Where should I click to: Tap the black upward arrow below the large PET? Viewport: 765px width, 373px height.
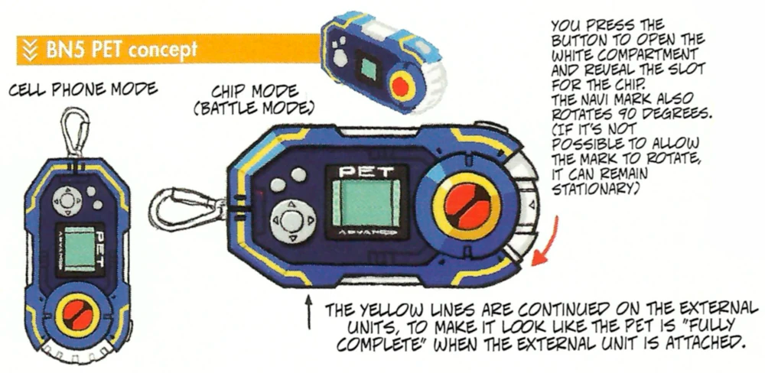click(x=308, y=311)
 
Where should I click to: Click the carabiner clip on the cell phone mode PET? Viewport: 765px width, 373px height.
click(x=76, y=131)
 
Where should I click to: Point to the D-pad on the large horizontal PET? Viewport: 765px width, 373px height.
click(x=291, y=221)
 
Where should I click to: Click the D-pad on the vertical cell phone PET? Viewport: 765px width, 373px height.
click(x=67, y=199)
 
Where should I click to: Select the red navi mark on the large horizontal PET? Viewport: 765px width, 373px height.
click(x=466, y=205)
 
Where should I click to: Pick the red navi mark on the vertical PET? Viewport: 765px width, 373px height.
click(x=78, y=316)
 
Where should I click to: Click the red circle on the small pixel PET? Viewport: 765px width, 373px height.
click(x=401, y=86)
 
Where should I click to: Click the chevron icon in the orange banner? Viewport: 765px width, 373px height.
click(x=31, y=50)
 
